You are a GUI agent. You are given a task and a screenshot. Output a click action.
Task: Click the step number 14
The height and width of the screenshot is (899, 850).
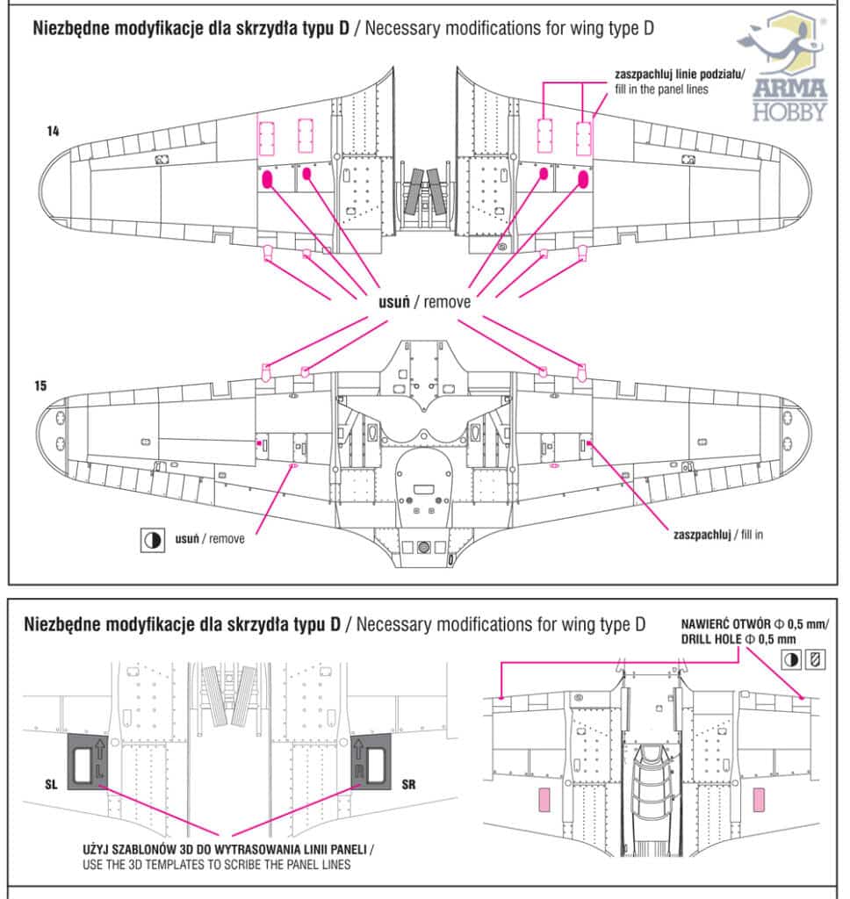[x=54, y=131]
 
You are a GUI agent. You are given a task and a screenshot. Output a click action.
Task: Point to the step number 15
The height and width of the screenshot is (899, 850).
[x=42, y=385]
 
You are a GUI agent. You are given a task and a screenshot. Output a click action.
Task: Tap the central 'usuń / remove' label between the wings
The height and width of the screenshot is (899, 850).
[x=418, y=301]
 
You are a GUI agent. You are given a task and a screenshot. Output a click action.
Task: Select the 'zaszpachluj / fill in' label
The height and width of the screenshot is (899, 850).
[x=717, y=533]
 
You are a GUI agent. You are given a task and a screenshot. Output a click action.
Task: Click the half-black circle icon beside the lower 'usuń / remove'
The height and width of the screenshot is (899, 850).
[x=152, y=540]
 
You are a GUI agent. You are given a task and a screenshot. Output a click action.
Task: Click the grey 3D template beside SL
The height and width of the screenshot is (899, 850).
[x=90, y=758]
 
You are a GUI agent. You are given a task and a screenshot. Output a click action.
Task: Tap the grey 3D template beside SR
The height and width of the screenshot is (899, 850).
[x=370, y=758]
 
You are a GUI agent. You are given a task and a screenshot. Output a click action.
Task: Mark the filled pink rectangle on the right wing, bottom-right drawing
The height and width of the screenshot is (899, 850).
[x=759, y=800]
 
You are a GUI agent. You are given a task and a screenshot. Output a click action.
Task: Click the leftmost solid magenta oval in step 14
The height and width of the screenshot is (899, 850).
[x=267, y=180]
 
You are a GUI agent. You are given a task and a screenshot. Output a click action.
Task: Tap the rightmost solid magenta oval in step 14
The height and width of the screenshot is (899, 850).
[x=581, y=180]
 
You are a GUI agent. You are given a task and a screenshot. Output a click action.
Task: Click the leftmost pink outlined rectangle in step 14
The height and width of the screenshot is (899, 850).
[x=267, y=135]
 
